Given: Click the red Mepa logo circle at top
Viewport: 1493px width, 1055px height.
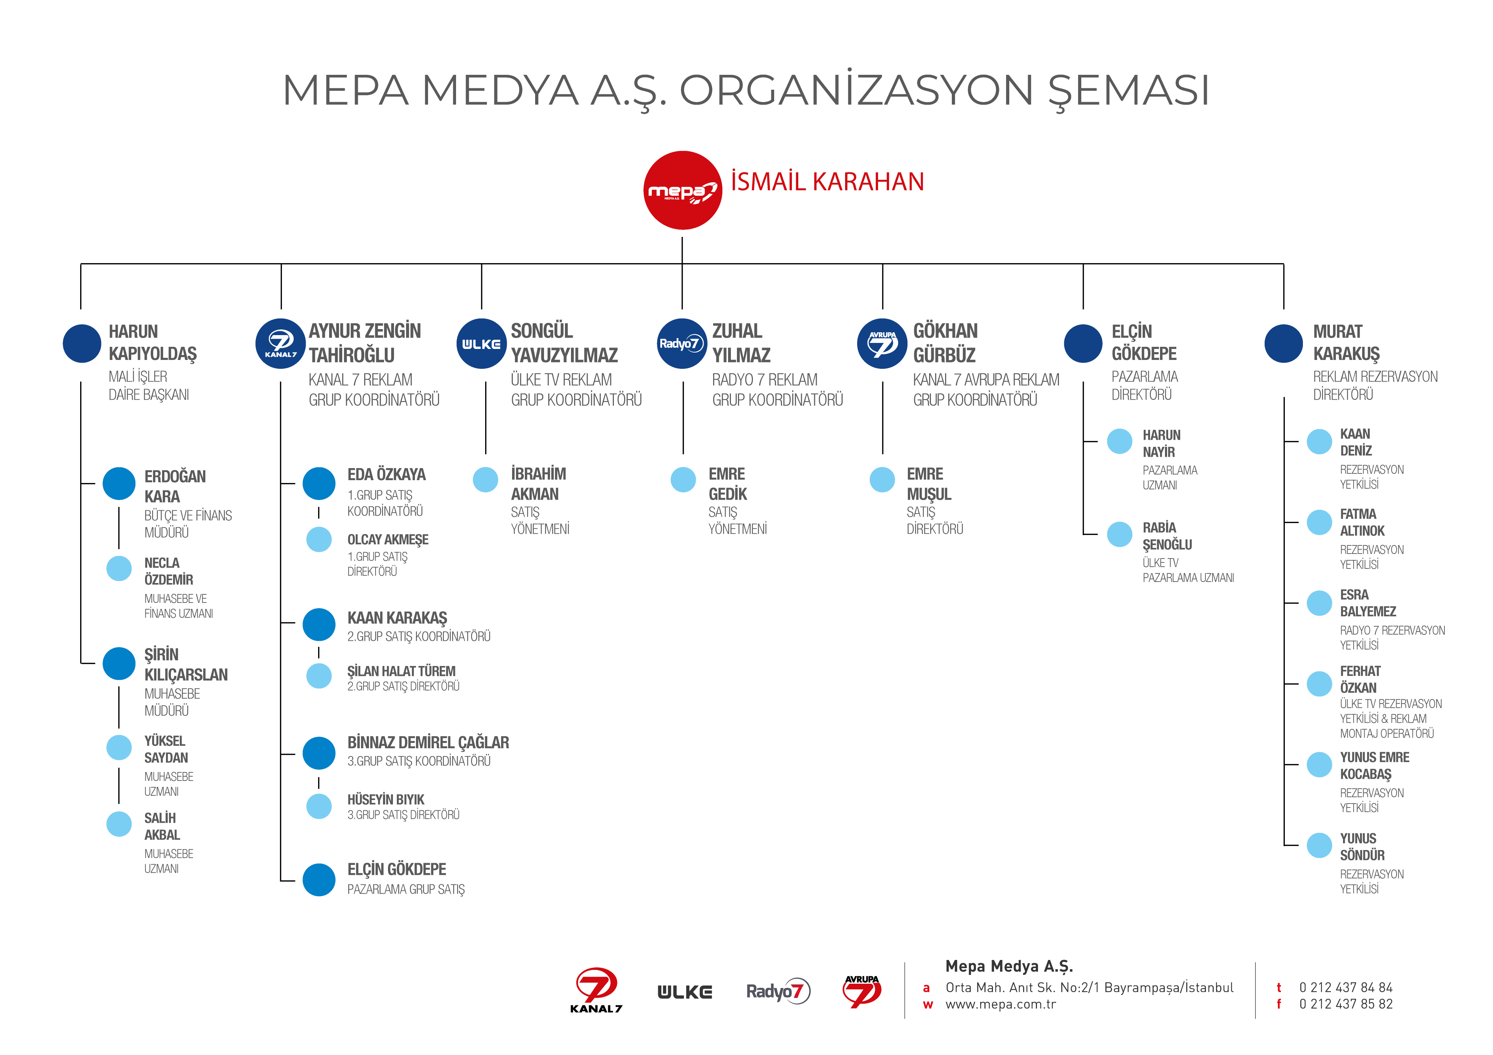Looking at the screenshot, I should coord(682,190).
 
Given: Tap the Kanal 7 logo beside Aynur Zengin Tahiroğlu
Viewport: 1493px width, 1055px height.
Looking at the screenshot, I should coord(280,343).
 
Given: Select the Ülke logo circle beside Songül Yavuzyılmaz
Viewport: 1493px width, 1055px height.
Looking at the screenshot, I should coord(481,343).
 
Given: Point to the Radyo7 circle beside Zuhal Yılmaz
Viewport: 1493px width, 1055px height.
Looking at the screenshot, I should coord(682,343).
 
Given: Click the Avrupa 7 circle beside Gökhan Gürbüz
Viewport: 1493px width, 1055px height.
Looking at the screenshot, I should coord(882,343).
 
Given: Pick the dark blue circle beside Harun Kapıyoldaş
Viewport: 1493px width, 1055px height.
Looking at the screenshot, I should coord(82,343).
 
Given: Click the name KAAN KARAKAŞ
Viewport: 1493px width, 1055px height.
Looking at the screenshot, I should coord(397,617).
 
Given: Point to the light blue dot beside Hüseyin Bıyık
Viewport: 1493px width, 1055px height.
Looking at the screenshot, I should coord(318,806).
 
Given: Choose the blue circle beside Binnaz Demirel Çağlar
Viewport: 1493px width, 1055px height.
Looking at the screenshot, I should coord(318,753).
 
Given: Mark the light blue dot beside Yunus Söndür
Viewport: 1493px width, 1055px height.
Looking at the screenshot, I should coord(1319,845).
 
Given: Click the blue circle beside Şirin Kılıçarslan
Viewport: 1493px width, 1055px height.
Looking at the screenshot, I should coord(119,663).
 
